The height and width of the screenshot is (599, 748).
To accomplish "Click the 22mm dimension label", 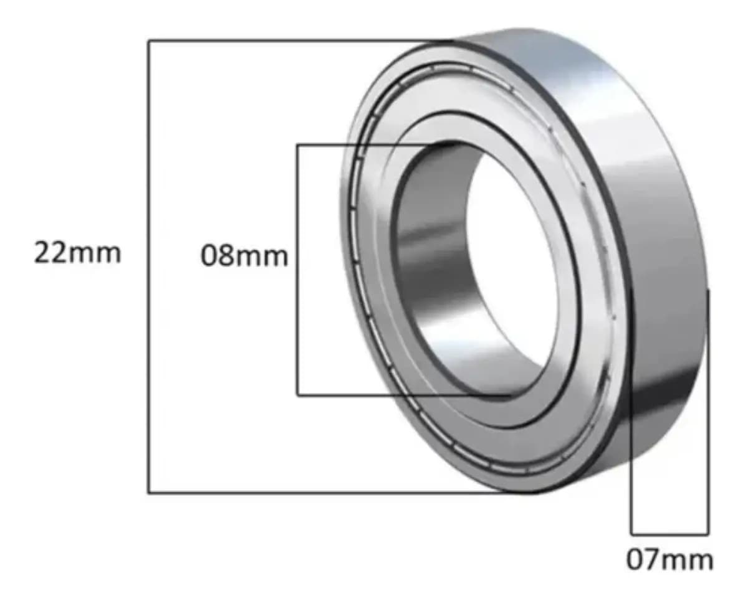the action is click(77, 253).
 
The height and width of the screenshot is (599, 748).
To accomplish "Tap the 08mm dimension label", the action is click(244, 256).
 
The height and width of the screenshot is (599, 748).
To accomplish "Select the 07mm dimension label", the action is click(669, 560).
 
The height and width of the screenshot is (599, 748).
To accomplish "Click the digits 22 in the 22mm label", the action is click(50, 253).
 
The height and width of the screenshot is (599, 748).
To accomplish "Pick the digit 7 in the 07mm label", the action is click(653, 560).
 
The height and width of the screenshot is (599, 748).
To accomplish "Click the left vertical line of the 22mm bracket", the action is click(149, 266).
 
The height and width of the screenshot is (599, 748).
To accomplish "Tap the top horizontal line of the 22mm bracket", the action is click(300, 41).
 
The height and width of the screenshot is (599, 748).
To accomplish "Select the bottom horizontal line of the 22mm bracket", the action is click(342, 492).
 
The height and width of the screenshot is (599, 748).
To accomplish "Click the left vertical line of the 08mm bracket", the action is click(297, 270).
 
